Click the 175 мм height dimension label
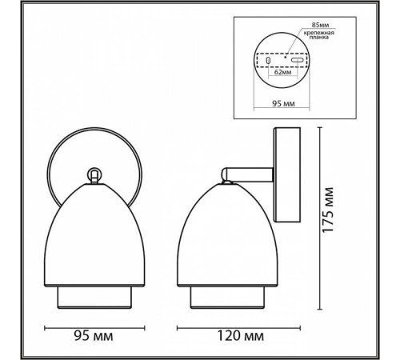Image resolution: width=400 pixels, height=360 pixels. click(328, 210)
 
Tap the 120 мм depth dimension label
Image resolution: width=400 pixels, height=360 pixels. click(241, 336)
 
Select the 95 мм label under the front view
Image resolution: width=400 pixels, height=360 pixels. click(94, 336)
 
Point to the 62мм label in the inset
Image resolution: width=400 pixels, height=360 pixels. click(283, 72)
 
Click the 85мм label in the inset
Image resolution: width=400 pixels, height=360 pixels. click(320, 25)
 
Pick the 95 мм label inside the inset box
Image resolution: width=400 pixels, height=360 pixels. click(283, 103)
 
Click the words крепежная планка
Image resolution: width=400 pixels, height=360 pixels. click(319, 35)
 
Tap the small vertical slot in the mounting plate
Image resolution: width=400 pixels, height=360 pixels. click(268, 60)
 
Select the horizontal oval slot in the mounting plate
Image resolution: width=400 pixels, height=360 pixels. click(297, 60)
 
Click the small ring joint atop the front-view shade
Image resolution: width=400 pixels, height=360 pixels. click(94, 175)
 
